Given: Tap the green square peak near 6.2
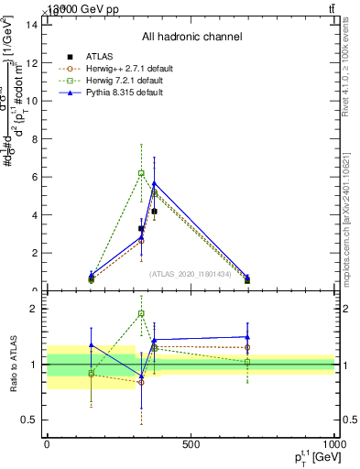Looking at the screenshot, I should coord(141,172).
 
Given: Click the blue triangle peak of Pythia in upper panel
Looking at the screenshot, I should coord(154,183).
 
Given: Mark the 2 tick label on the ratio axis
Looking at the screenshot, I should coord(34,309).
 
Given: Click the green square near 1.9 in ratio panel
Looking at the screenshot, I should coord(141,313).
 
